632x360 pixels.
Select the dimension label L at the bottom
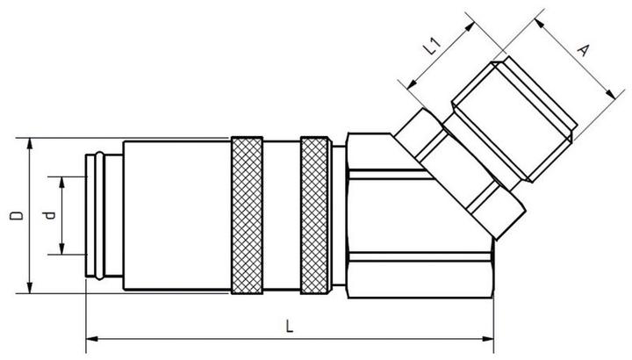(x=291, y=326)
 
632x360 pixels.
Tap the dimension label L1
(x=434, y=46)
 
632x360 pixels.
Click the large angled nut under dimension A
(x=513, y=119)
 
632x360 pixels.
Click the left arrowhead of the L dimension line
(x=90, y=338)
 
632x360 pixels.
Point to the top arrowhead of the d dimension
(x=63, y=179)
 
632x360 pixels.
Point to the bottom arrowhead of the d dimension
(x=63, y=251)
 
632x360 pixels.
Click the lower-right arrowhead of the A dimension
(x=608, y=92)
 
